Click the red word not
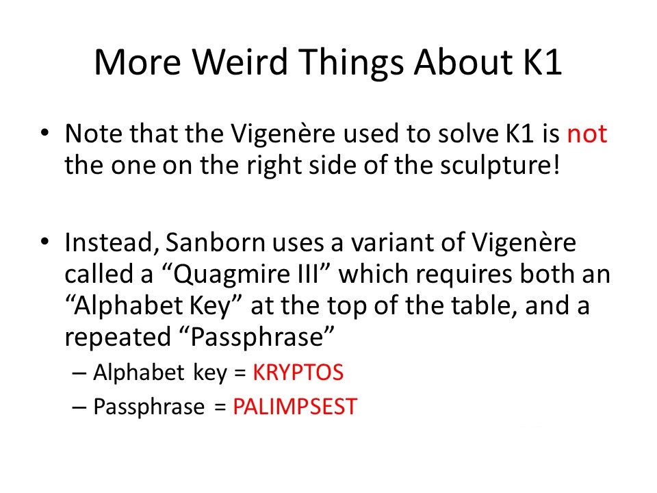pyautogui.click(x=587, y=134)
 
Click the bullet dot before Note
pyautogui.click(x=45, y=134)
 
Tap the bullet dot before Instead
pyautogui.click(x=45, y=242)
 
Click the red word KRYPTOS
pyautogui.click(x=298, y=372)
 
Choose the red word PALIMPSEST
pyautogui.click(x=295, y=407)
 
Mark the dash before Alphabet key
pyautogui.click(x=79, y=372)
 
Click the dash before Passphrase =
pyautogui.click(x=79, y=407)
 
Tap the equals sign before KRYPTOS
pyautogui.click(x=240, y=373)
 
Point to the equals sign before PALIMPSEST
pyautogui.click(x=220, y=407)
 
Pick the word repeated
pyautogui.click(x=118, y=338)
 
